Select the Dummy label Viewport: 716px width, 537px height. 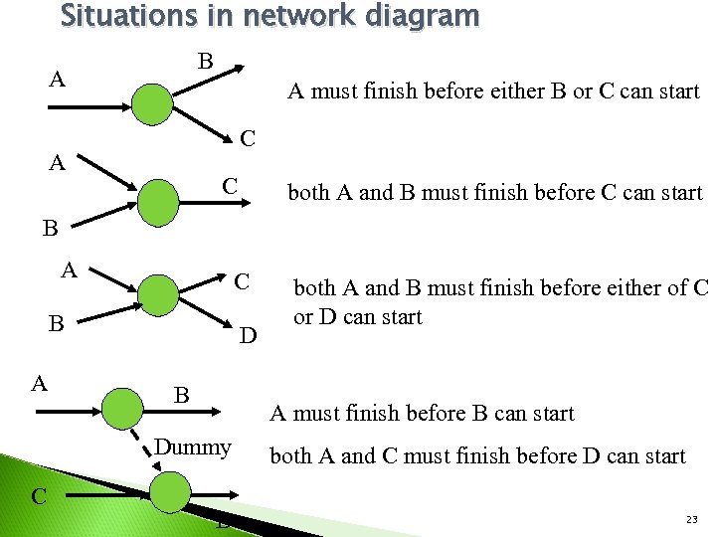tap(193, 447)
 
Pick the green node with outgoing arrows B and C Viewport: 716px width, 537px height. tap(153, 102)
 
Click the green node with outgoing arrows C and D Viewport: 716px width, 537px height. tap(159, 295)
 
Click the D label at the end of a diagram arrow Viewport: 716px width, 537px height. tap(249, 337)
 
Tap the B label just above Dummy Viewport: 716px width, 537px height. tap(182, 396)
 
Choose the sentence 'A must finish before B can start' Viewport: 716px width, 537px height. tap(422, 413)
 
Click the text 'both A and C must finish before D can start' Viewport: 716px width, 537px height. tap(477, 456)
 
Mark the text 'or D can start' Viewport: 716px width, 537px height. tap(357, 317)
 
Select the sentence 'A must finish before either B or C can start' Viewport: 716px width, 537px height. tap(493, 91)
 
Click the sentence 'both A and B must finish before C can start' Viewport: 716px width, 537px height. tap(494, 193)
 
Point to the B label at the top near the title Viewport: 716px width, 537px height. tap(205, 62)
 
